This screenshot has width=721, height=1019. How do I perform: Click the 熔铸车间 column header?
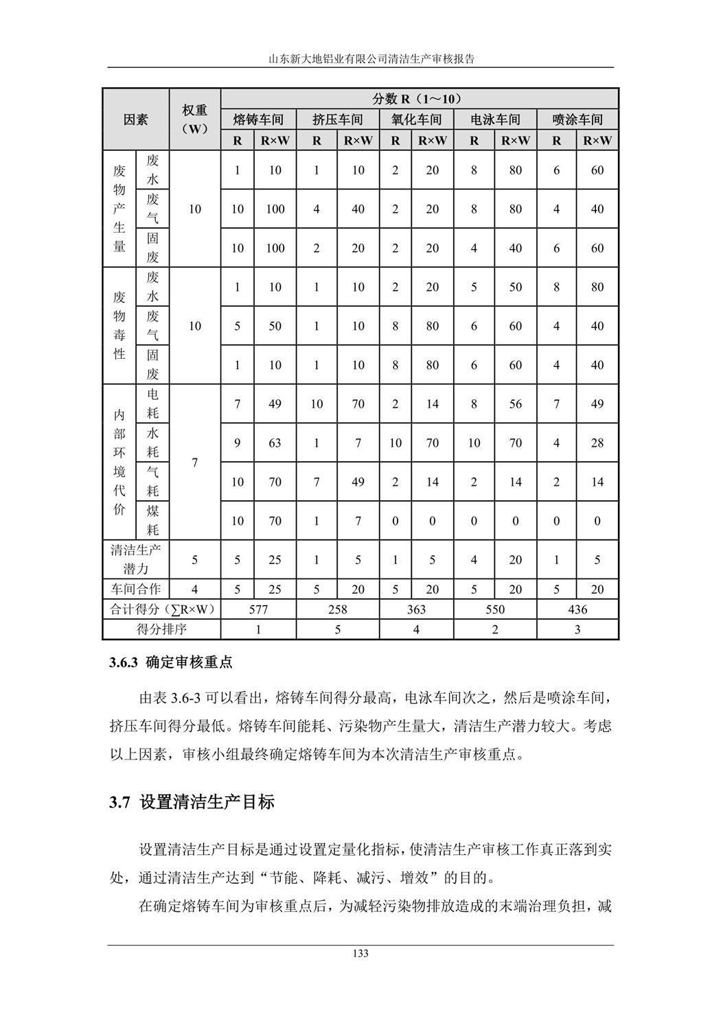pos(258,119)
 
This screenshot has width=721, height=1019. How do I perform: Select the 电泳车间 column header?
pos(495,119)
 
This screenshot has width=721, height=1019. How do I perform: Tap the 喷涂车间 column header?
pos(577,119)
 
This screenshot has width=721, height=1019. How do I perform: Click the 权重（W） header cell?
pos(194,119)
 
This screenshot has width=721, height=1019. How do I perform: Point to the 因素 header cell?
pos(136,119)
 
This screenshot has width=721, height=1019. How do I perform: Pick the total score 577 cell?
pos(258,609)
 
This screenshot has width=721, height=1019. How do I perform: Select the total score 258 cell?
pos(338,609)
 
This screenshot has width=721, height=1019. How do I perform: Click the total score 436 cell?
pos(577,609)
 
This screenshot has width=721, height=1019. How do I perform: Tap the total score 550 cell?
pos(495,609)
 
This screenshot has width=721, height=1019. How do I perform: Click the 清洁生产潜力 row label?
pos(136,559)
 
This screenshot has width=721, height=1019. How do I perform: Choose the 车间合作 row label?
pos(136,589)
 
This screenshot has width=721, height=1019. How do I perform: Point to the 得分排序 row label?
pos(161,629)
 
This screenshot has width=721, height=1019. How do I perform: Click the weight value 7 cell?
pos(194,462)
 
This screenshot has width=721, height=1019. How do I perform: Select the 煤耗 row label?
pos(152,520)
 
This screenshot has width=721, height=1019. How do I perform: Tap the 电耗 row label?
pos(152,403)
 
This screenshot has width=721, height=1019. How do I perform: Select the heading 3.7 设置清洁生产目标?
pos(192,801)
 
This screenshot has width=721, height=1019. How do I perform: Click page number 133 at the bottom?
pos(360,953)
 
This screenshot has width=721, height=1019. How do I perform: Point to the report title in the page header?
pos(360,59)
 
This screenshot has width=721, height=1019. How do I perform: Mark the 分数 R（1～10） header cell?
pos(420,99)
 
